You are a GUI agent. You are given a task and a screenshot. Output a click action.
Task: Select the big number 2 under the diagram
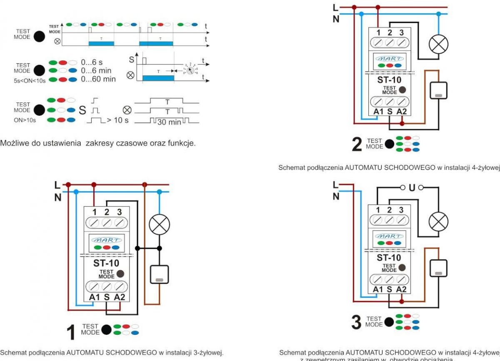point(357,144)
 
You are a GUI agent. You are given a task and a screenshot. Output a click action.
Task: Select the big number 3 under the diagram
point(357,322)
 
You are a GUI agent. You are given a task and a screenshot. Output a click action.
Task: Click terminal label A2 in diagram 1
point(120,298)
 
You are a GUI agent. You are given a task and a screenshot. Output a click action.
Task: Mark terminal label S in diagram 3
point(389,289)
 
